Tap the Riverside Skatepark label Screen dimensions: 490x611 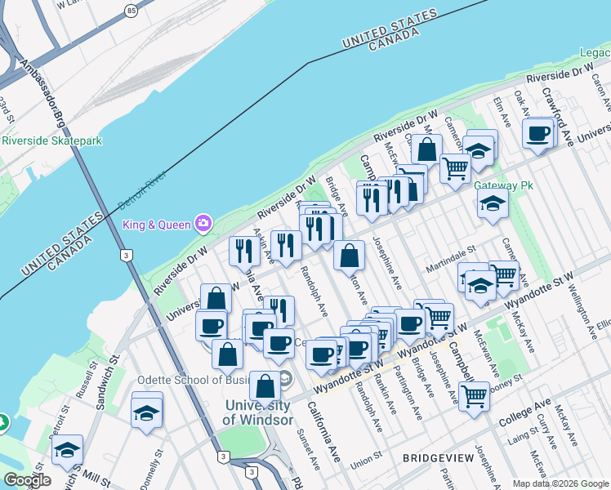click(51, 140)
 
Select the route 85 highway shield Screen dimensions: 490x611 click(132, 11)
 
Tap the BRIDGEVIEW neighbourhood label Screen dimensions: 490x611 click(438, 459)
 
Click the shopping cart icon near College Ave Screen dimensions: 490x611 click(474, 396)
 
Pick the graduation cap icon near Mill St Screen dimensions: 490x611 click(67, 449)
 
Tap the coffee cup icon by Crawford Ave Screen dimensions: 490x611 click(538, 132)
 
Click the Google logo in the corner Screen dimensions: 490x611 click(27, 480)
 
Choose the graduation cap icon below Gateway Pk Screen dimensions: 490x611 click(493, 203)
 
